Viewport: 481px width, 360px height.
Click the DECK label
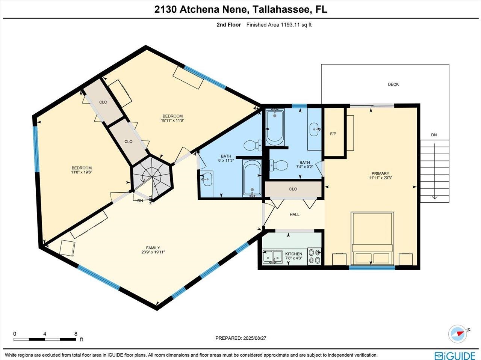(x=393, y=84)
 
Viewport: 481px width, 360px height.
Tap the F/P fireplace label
(x=333, y=134)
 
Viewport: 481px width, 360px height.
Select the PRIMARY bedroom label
(x=381, y=173)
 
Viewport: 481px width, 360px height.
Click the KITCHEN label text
(x=293, y=254)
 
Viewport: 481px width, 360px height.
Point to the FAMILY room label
(x=153, y=248)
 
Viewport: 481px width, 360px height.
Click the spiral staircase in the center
(x=151, y=176)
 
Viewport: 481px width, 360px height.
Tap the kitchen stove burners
(x=315, y=256)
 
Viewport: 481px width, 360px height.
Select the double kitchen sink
(x=273, y=257)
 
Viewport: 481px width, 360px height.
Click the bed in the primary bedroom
(x=372, y=238)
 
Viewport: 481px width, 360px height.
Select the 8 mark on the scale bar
(x=76, y=334)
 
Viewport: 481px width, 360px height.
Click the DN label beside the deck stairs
(x=434, y=135)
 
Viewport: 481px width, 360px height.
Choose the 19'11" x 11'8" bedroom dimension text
(x=172, y=121)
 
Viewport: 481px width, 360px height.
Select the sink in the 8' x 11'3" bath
(x=206, y=179)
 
